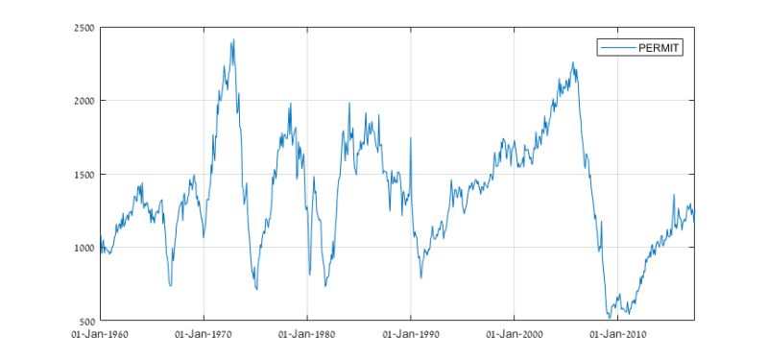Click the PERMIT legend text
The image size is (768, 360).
coord(660,47)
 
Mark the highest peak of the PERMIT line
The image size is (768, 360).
coord(233,39)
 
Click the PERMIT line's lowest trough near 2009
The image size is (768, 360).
coord(609,318)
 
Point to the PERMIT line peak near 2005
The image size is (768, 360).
coord(573,62)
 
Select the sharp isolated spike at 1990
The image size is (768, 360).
coord(411,138)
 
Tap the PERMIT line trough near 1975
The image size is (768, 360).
coord(256,289)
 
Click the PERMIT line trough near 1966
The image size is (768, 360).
coord(170,285)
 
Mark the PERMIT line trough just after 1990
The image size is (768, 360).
coord(420,278)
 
